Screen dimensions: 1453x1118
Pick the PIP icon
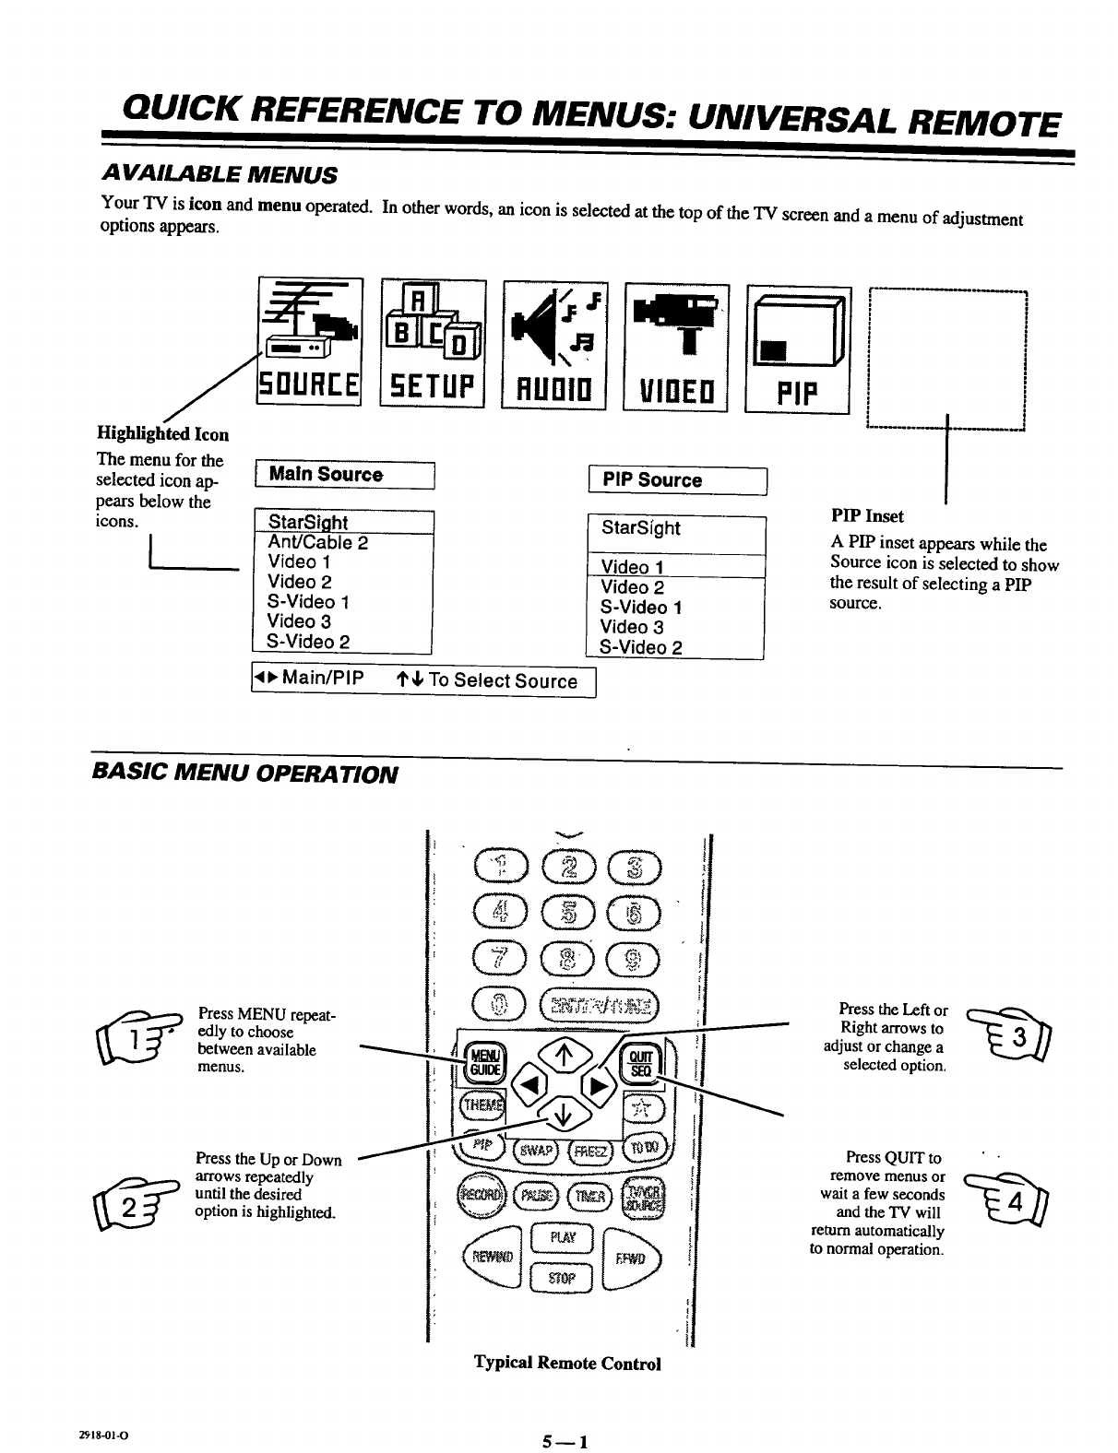tap(798, 348)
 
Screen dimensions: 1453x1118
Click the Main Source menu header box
tap(343, 475)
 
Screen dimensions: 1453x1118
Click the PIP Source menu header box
tap(677, 480)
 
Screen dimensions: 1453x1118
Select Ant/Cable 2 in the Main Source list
tap(317, 542)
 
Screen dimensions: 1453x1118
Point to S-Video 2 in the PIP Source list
tap(640, 647)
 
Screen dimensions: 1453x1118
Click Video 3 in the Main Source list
tap(299, 621)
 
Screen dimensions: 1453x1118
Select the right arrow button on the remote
tap(598, 1083)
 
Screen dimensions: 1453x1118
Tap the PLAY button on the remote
tap(561, 1236)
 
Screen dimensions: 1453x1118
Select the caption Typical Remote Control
tap(567, 1363)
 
